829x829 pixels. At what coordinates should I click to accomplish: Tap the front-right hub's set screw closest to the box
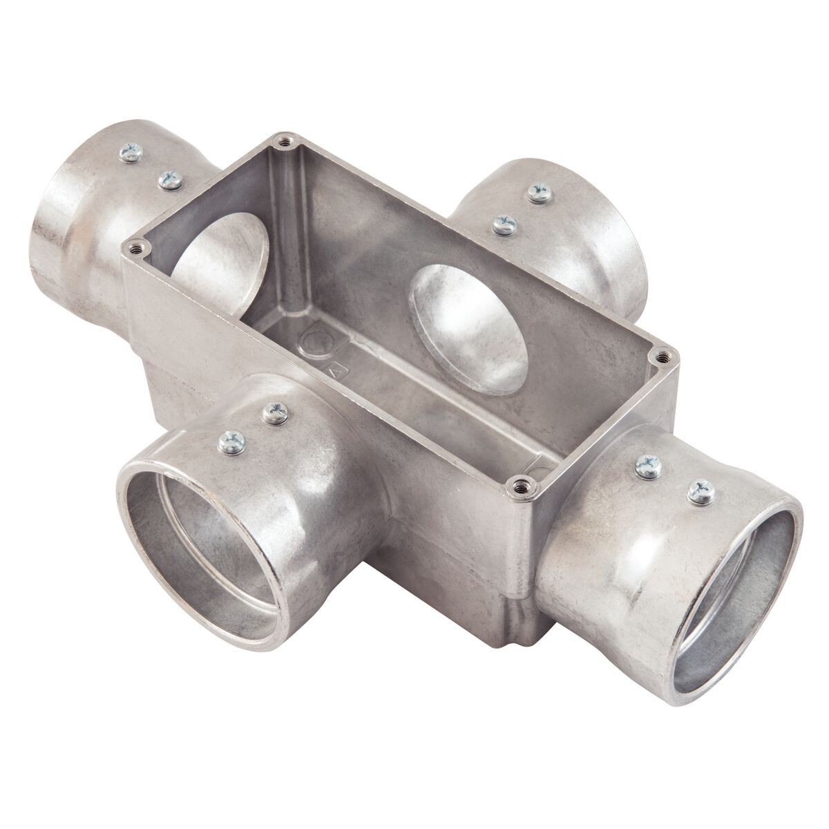[x=647, y=465]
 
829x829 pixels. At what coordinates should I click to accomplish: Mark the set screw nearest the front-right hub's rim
[x=699, y=492]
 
